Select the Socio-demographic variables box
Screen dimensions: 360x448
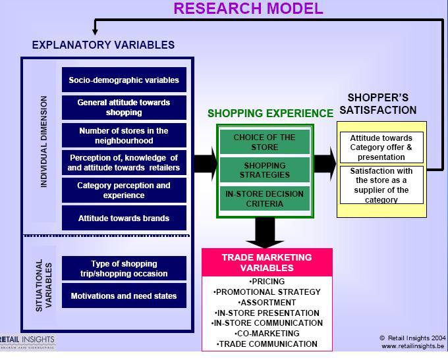tap(124, 81)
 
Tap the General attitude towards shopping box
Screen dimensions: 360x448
tap(124, 107)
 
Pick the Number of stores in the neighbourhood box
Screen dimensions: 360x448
tap(124, 136)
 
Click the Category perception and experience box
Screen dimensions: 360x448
tap(124, 190)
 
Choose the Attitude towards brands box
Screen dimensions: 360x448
tap(124, 218)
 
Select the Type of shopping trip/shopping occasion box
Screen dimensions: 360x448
tap(124, 269)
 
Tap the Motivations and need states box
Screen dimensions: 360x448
tap(124, 296)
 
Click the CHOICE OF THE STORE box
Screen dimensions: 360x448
tap(264, 142)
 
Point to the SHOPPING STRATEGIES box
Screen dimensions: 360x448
tap(264, 170)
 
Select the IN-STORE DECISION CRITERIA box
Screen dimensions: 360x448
tap(264, 197)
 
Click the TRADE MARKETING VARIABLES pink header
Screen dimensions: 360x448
tap(267, 262)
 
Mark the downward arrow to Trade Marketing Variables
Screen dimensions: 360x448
tap(264, 232)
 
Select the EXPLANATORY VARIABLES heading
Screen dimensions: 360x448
tap(103, 45)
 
